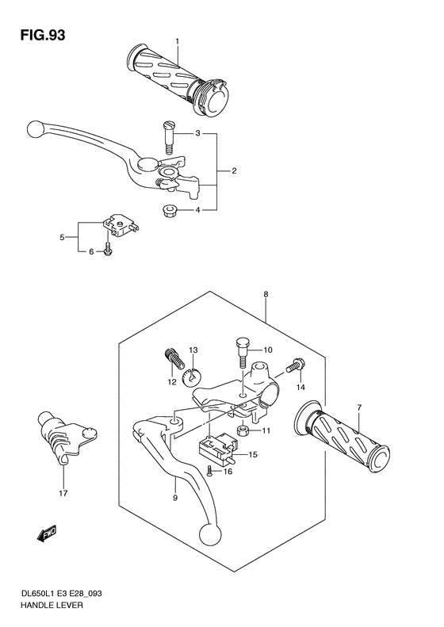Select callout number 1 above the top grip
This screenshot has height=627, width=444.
click(x=178, y=41)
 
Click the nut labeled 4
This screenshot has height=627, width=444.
click(x=168, y=210)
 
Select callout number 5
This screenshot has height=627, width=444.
click(x=62, y=237)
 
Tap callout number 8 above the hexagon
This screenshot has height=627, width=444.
click(x=266, y=295)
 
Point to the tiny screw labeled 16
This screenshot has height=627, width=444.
click(x=209, y=470)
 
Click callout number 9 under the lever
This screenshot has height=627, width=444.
click(x=175, y=498)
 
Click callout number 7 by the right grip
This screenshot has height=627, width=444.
click(x=358, y=407)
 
